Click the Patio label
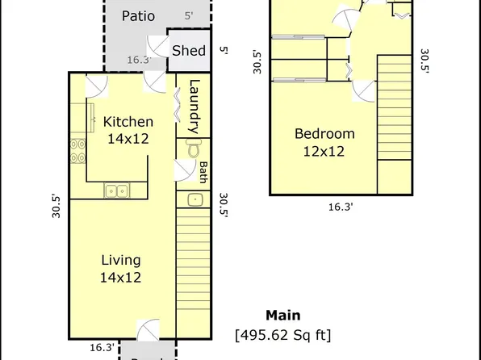(x=138, y=16)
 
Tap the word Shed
(x=189, y=50)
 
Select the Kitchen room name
(x=128, y=122)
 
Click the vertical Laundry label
(x=194, y=107)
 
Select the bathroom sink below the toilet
(x=194, y=199)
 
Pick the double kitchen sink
(x=117, y=191)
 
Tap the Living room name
(x=121, y=260)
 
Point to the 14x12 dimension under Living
(x=121, y=277)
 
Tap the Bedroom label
(x=324, y=134)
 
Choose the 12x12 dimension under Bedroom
(x=324, y=151)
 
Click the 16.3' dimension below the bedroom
(x=341, y=207)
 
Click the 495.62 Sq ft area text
(x=282, y=334)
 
